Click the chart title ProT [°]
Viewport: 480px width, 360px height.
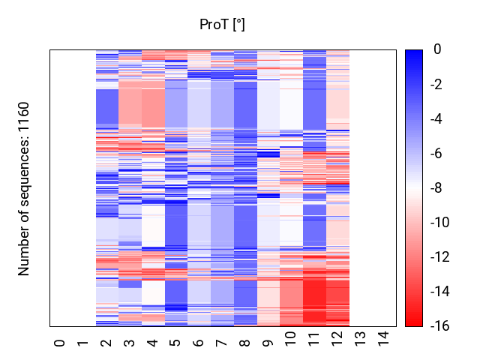tap(222, 25)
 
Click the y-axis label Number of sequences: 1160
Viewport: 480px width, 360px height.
tap(25, 188)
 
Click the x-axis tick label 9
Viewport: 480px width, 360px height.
tap(268, 343)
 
